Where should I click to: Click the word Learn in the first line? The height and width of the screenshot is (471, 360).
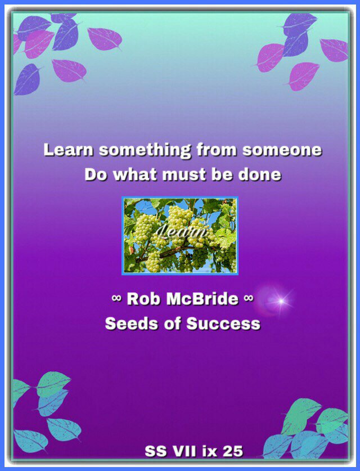(x=69, y=150)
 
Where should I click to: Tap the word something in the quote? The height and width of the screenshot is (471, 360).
(x=145, y=150)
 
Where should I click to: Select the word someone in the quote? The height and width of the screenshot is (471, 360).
(x=282, y=150)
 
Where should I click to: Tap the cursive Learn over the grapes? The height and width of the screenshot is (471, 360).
(x=181, y=232)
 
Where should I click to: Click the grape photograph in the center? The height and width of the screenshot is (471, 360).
(x=180, y=236)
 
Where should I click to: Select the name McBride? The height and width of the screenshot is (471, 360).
(x=202, y=299)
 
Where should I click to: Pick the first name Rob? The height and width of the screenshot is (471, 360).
(x=143, y=299)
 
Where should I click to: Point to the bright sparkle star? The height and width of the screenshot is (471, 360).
(x=281, y=300)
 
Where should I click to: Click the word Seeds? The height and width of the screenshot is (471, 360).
(x=132, y=324)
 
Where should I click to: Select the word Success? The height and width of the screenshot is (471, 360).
(x=223, y=324)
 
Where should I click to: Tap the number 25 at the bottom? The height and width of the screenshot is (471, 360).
(x=233, y=451)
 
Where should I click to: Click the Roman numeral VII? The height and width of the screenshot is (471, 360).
(x=184, y=451)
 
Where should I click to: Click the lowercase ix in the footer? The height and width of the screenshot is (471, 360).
(x=210, y=451)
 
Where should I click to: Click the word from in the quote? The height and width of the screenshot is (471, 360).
(x=217, y=150)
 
